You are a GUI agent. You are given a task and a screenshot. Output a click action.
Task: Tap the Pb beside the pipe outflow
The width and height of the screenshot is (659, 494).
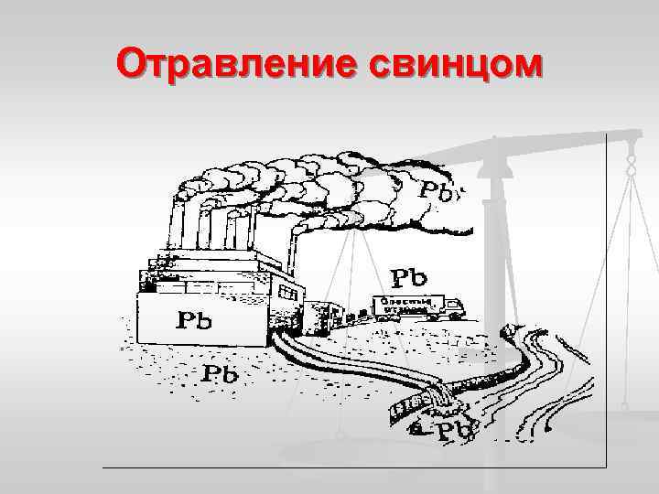tap(450, 429)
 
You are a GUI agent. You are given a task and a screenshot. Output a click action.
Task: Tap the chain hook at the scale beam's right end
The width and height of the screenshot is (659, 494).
tap(630, 165)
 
